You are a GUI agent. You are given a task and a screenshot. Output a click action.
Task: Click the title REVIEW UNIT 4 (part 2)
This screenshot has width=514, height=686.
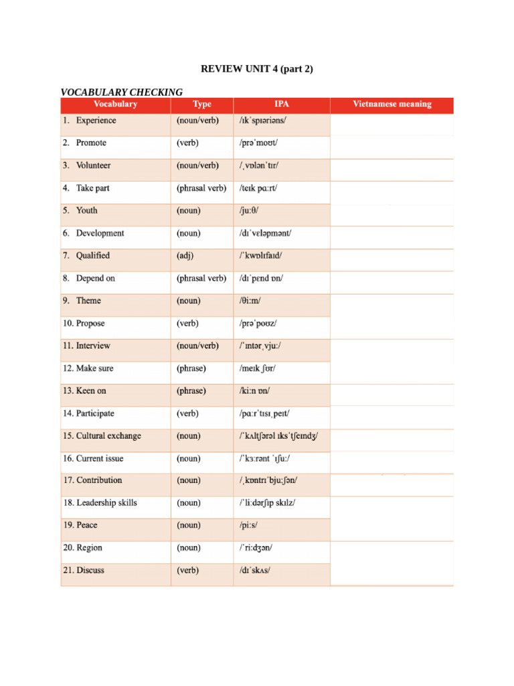[x=257, y=69]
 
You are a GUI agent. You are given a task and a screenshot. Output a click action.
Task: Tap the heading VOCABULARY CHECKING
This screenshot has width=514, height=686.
[x=121, y=92]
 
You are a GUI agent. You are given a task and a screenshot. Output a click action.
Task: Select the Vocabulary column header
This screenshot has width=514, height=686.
[x=115, y=105]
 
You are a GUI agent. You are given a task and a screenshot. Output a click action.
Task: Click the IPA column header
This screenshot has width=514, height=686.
[x=282, y=105]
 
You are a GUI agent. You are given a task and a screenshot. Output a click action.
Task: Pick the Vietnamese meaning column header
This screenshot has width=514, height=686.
[x=392, y=105]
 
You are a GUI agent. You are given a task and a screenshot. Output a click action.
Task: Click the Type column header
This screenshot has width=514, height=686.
[x=201, y=105]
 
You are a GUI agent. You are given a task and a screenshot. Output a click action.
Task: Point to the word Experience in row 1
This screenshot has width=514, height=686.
[x=96, y=121]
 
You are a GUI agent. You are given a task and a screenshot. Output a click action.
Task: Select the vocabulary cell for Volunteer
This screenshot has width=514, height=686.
[x=93, y=165]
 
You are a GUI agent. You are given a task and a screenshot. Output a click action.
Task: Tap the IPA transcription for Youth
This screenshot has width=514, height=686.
[x=252, y=210]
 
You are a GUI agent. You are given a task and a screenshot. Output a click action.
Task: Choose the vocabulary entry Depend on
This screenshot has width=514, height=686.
[x=95, y=278]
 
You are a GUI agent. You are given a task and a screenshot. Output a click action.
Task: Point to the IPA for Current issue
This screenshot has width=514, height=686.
[x=264, y=459]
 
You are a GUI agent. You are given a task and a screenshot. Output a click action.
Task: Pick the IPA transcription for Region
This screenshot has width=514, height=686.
[x=256, y=548]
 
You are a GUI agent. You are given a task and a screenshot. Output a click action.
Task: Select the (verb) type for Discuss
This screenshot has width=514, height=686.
[x=187, y=571]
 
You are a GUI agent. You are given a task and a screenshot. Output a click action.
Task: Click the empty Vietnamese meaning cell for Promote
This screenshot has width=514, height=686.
[x=392, y=143]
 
